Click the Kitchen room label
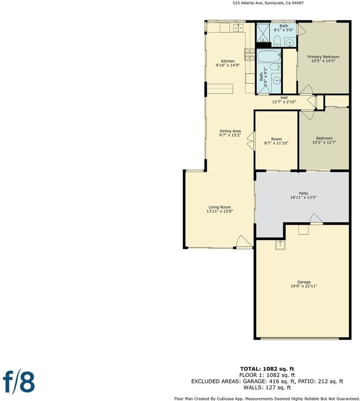pyautogui.click(x=225, y=61)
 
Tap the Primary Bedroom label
pyautogui.click(x=323, y=57)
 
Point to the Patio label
pyautogui.click(x=303, y=193)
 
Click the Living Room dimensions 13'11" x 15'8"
pyautogui.click(x=219, y=211)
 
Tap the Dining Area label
pyautogui.click(x=230, y=131)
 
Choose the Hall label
pyautogui.click(x=284, y=98)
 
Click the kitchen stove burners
pyautogui.click(x=249, y=54)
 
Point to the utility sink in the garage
pyautogui.click(x=280, y=245)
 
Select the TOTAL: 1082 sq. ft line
pyautogui.click(x=267, y=369)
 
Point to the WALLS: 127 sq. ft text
pyautogui.click(x=267, y=388)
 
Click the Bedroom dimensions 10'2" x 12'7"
pyautogui.click(x=324, y=142)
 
